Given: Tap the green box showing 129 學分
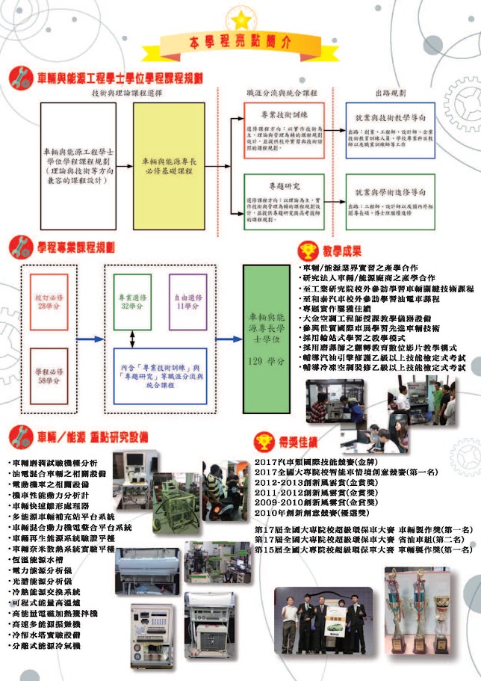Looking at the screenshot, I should coord(266,338).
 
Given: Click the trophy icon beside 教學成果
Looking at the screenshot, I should coord(306,250).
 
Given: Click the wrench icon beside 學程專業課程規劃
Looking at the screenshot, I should coord(22,246).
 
